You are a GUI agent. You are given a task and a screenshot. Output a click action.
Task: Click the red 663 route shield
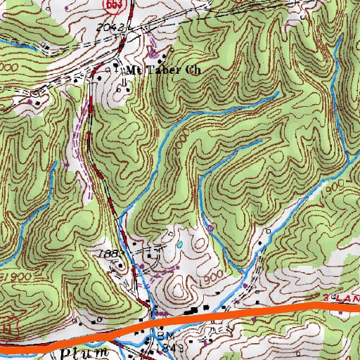pyautogui.click(x=112, y=4)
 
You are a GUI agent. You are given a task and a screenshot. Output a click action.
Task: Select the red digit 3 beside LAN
pyautogui.click(x=328, y=300)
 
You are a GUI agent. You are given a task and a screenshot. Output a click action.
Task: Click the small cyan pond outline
pyautogui.click(x=181, y=245)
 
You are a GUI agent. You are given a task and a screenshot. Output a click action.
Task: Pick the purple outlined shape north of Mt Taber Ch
pyautogui.click(x=153, y=51)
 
